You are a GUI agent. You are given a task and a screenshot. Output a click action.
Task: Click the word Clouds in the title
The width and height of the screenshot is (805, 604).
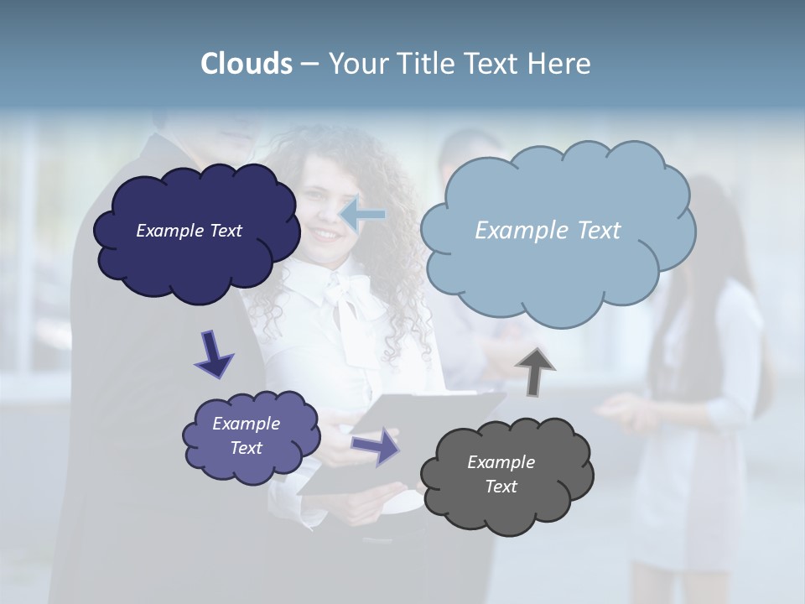247,64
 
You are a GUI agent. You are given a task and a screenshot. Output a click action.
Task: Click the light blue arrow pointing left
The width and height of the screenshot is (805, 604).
362,214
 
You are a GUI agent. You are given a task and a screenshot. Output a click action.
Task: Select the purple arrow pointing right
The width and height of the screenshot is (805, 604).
376,445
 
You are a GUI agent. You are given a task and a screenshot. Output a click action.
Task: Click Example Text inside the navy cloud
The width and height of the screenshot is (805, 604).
189,231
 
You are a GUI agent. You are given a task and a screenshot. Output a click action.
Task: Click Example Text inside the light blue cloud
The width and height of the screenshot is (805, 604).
548,231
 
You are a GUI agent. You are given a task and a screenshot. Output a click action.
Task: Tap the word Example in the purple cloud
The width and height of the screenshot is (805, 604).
246,424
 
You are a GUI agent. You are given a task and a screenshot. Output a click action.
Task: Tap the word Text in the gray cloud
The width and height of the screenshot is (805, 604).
501,487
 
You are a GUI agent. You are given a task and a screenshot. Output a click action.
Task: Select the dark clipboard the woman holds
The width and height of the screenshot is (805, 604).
402,445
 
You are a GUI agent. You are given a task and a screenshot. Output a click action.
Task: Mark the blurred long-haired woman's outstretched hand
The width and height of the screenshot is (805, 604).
616,410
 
